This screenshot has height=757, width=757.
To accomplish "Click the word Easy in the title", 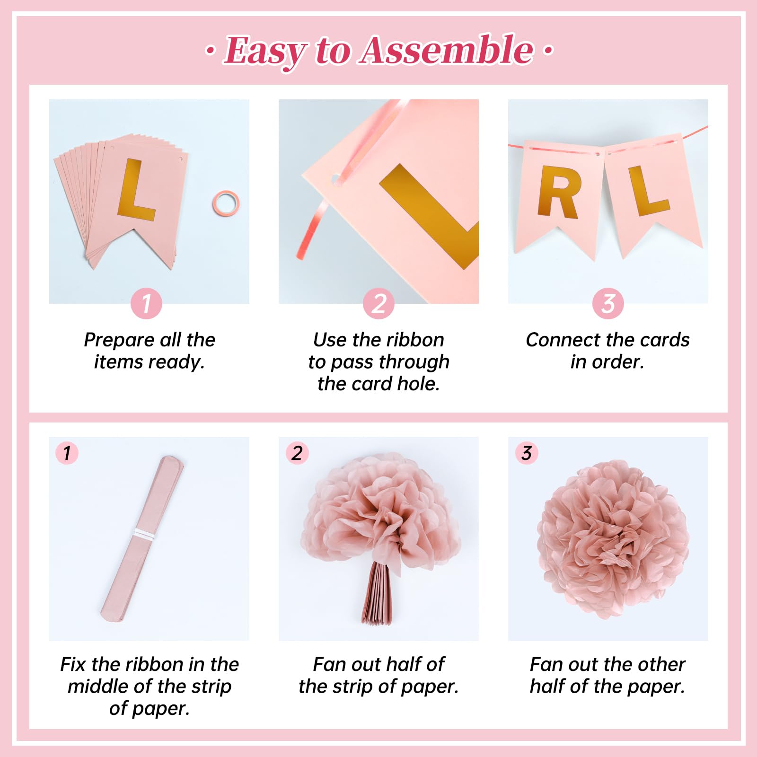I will (x=265, y=51).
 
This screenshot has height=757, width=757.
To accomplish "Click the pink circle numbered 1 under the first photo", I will (x=146, y=303).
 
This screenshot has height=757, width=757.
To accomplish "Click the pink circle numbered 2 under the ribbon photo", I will (x=378, y=303).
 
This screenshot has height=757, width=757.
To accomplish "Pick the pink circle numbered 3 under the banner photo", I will (x=608, y=303).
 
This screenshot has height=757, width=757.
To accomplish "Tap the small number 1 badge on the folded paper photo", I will (x=67, y=453).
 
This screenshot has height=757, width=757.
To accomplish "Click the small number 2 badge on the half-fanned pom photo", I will (x=297, y=453).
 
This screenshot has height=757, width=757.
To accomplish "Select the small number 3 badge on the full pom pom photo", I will (x=527, y=453).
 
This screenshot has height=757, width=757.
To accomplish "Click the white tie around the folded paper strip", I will (x=144, y=535).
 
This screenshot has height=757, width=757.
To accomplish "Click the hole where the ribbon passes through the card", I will (x=335, y=179).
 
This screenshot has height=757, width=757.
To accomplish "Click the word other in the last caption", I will (x=660, y=664).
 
